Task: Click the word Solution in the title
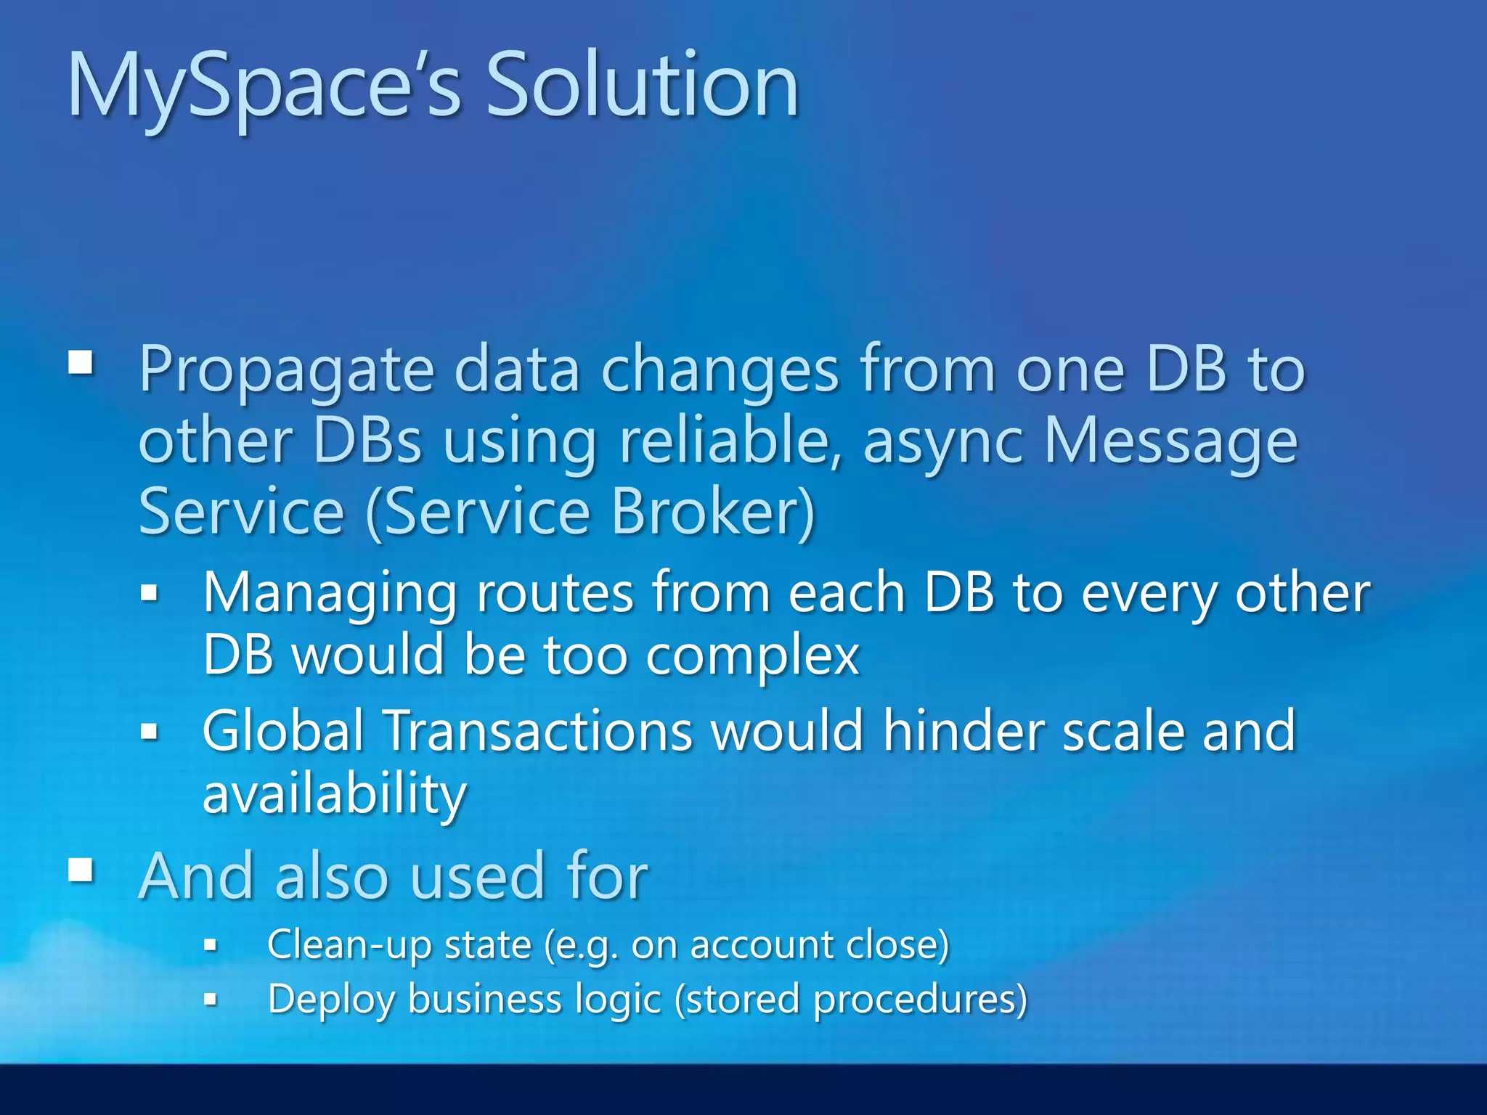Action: [x=642, y=86]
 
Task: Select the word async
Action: [x=944, y=443]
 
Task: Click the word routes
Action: [x=555, y=594]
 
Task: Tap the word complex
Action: [x=752, y=656]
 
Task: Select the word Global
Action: [x=283, y=730]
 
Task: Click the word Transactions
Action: [x=538, y=730]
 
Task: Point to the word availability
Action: [x=335, y=794]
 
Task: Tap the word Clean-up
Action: [x=349, y=944]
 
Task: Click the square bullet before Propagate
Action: [x=81, y=362]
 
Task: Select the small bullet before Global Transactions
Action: [x=150, y=732]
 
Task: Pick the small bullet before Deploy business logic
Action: [x=211, y=1000]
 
